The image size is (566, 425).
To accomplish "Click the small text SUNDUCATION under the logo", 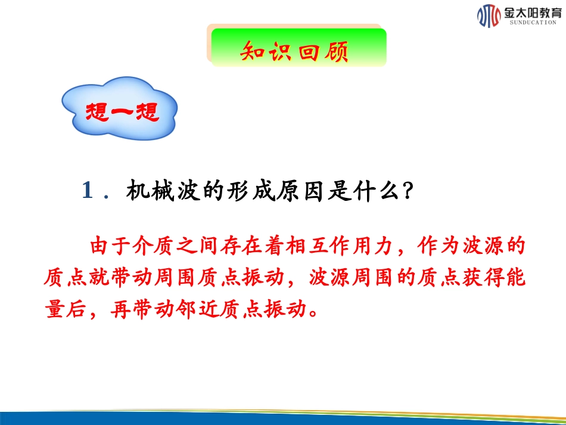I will coord(533,22).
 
